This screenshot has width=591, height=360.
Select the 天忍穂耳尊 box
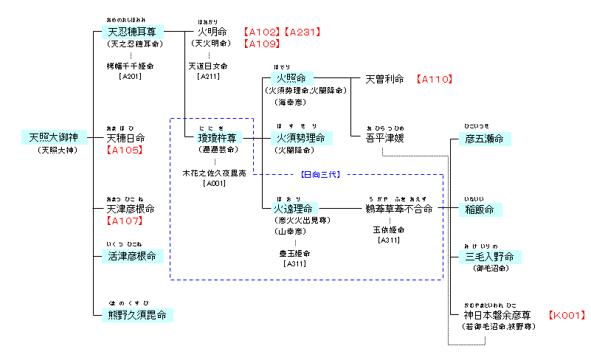[x=132, y=32]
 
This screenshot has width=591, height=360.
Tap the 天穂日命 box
[x=126, y=138]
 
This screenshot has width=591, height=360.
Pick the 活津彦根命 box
[x=132, y=256]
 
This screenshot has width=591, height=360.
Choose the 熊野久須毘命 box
[x=137, y=315]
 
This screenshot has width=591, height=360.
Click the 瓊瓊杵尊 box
[x=215, y=138]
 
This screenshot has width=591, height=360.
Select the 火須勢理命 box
[x=302, y=138]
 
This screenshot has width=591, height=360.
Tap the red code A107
[x=125, y=221]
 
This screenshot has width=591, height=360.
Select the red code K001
[x=567, y=315]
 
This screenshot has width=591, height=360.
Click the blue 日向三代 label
[x=319, y=175]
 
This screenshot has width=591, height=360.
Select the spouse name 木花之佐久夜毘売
[x=215, y=173]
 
